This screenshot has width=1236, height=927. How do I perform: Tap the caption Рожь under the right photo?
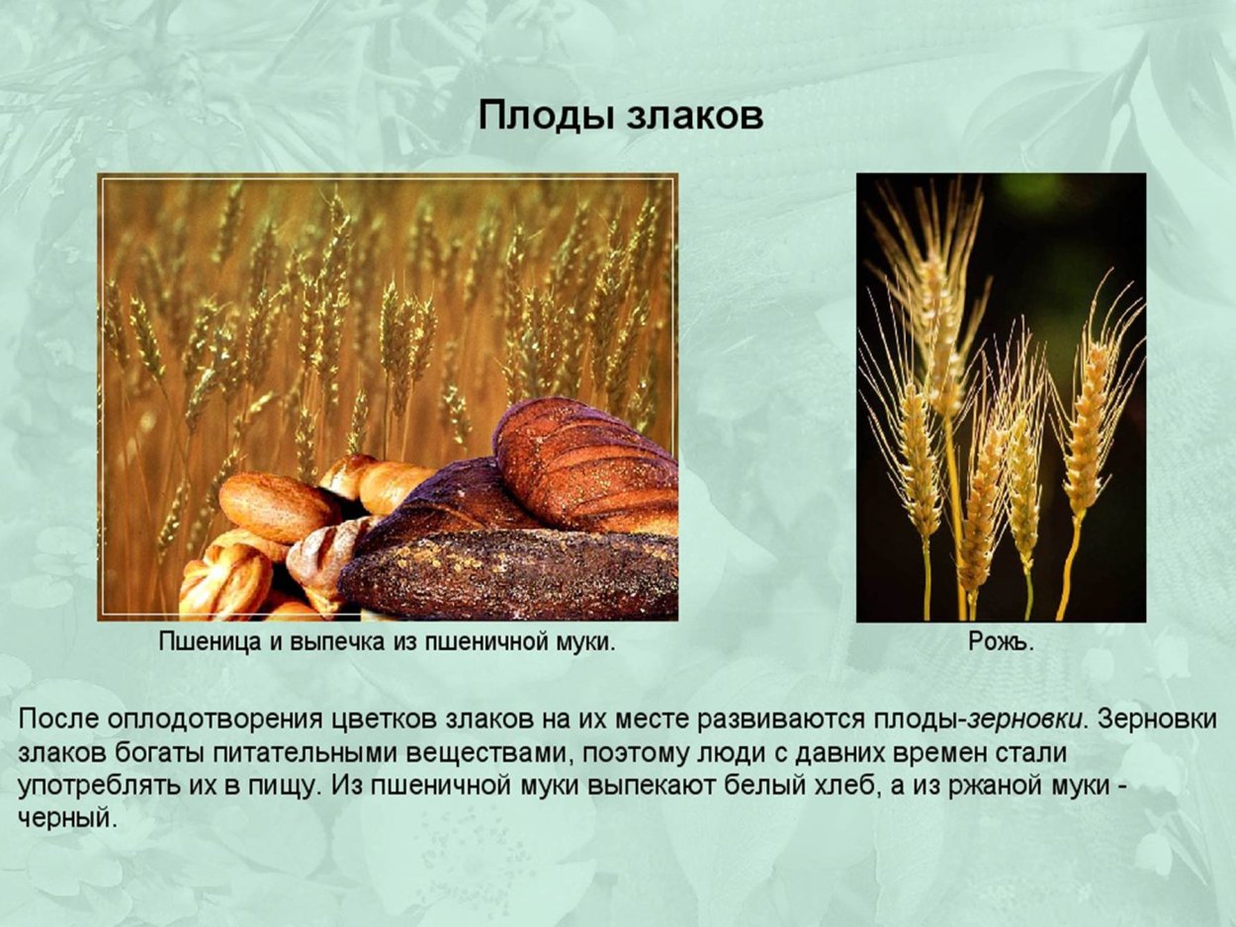tap(1000, 642)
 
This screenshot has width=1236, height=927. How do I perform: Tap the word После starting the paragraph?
tap(57, 718)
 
